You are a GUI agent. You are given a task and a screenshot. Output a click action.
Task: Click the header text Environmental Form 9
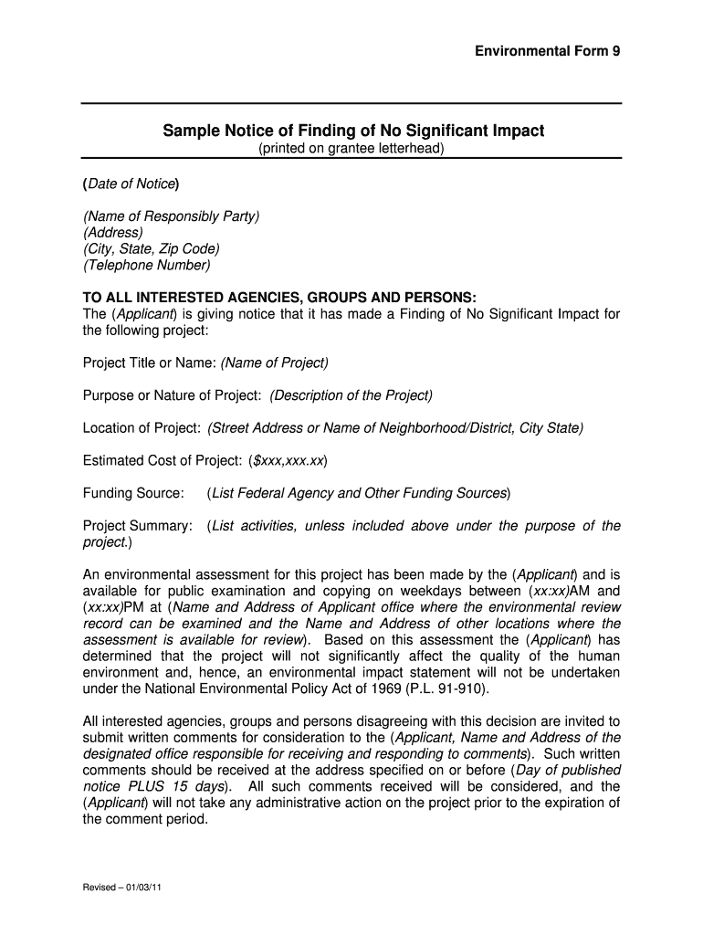(547, 51)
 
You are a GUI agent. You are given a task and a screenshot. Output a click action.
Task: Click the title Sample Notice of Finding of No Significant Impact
(353, 131)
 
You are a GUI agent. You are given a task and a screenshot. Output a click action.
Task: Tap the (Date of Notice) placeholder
(131, 184)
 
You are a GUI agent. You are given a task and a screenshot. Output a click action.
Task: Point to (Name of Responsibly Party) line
(171, 216)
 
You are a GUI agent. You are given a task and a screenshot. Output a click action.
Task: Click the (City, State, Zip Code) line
(151, 249)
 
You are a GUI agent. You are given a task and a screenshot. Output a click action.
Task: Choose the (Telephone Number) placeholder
(146, 266)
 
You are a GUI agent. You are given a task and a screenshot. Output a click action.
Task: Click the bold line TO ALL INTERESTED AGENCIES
(279, 298)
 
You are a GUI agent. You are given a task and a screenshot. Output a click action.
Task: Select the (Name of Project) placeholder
(274, 362)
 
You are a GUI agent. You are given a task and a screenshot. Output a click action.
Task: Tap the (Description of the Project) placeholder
(351, 395)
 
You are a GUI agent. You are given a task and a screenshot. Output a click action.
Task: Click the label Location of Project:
(142, 428)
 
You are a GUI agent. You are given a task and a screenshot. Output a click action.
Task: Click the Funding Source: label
(133, 493)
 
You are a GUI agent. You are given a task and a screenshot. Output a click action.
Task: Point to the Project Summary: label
(138, 526)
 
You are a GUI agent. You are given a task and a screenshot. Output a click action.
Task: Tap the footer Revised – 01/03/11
(121, 888)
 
